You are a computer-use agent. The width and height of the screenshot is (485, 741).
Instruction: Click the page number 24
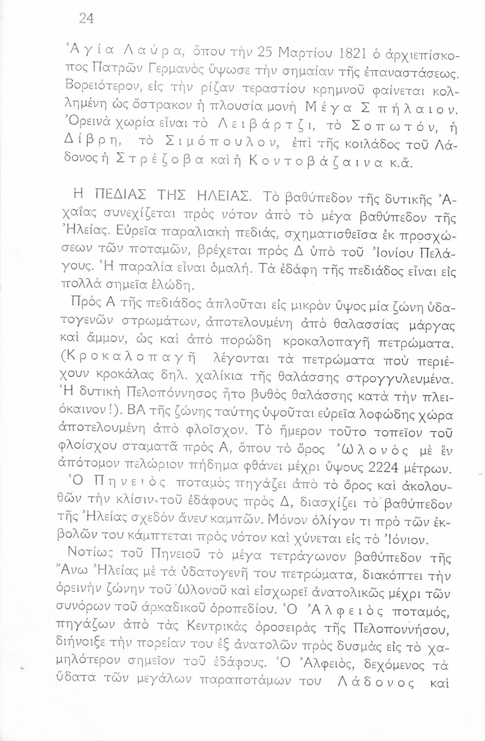tap(86, 18)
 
